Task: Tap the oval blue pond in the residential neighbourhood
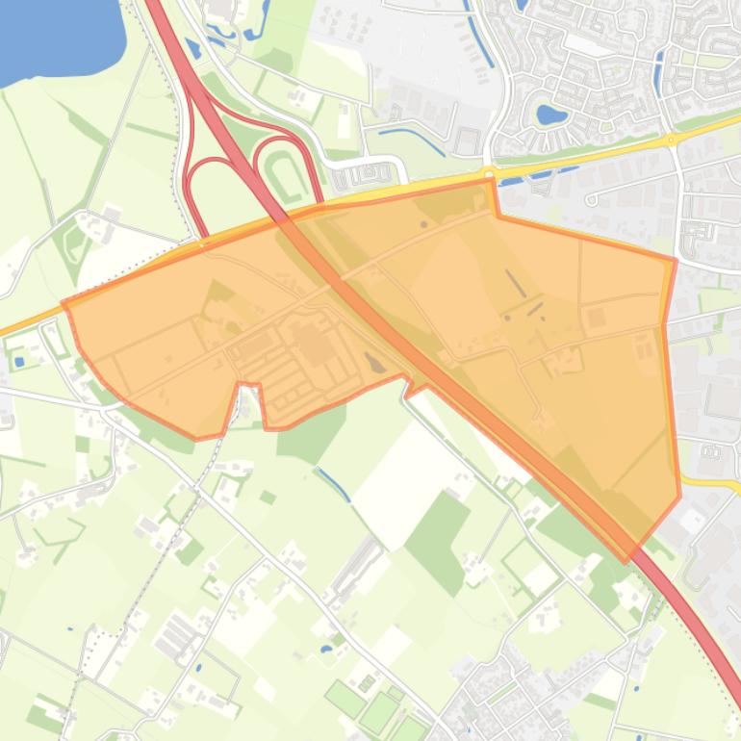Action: [550, 115]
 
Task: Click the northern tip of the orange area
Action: [492, 180]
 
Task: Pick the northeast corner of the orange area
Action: [675, 260]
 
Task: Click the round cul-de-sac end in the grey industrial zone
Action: [591, 200]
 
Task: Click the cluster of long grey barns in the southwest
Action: [177, 635]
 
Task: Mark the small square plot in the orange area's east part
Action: [596, 318]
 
